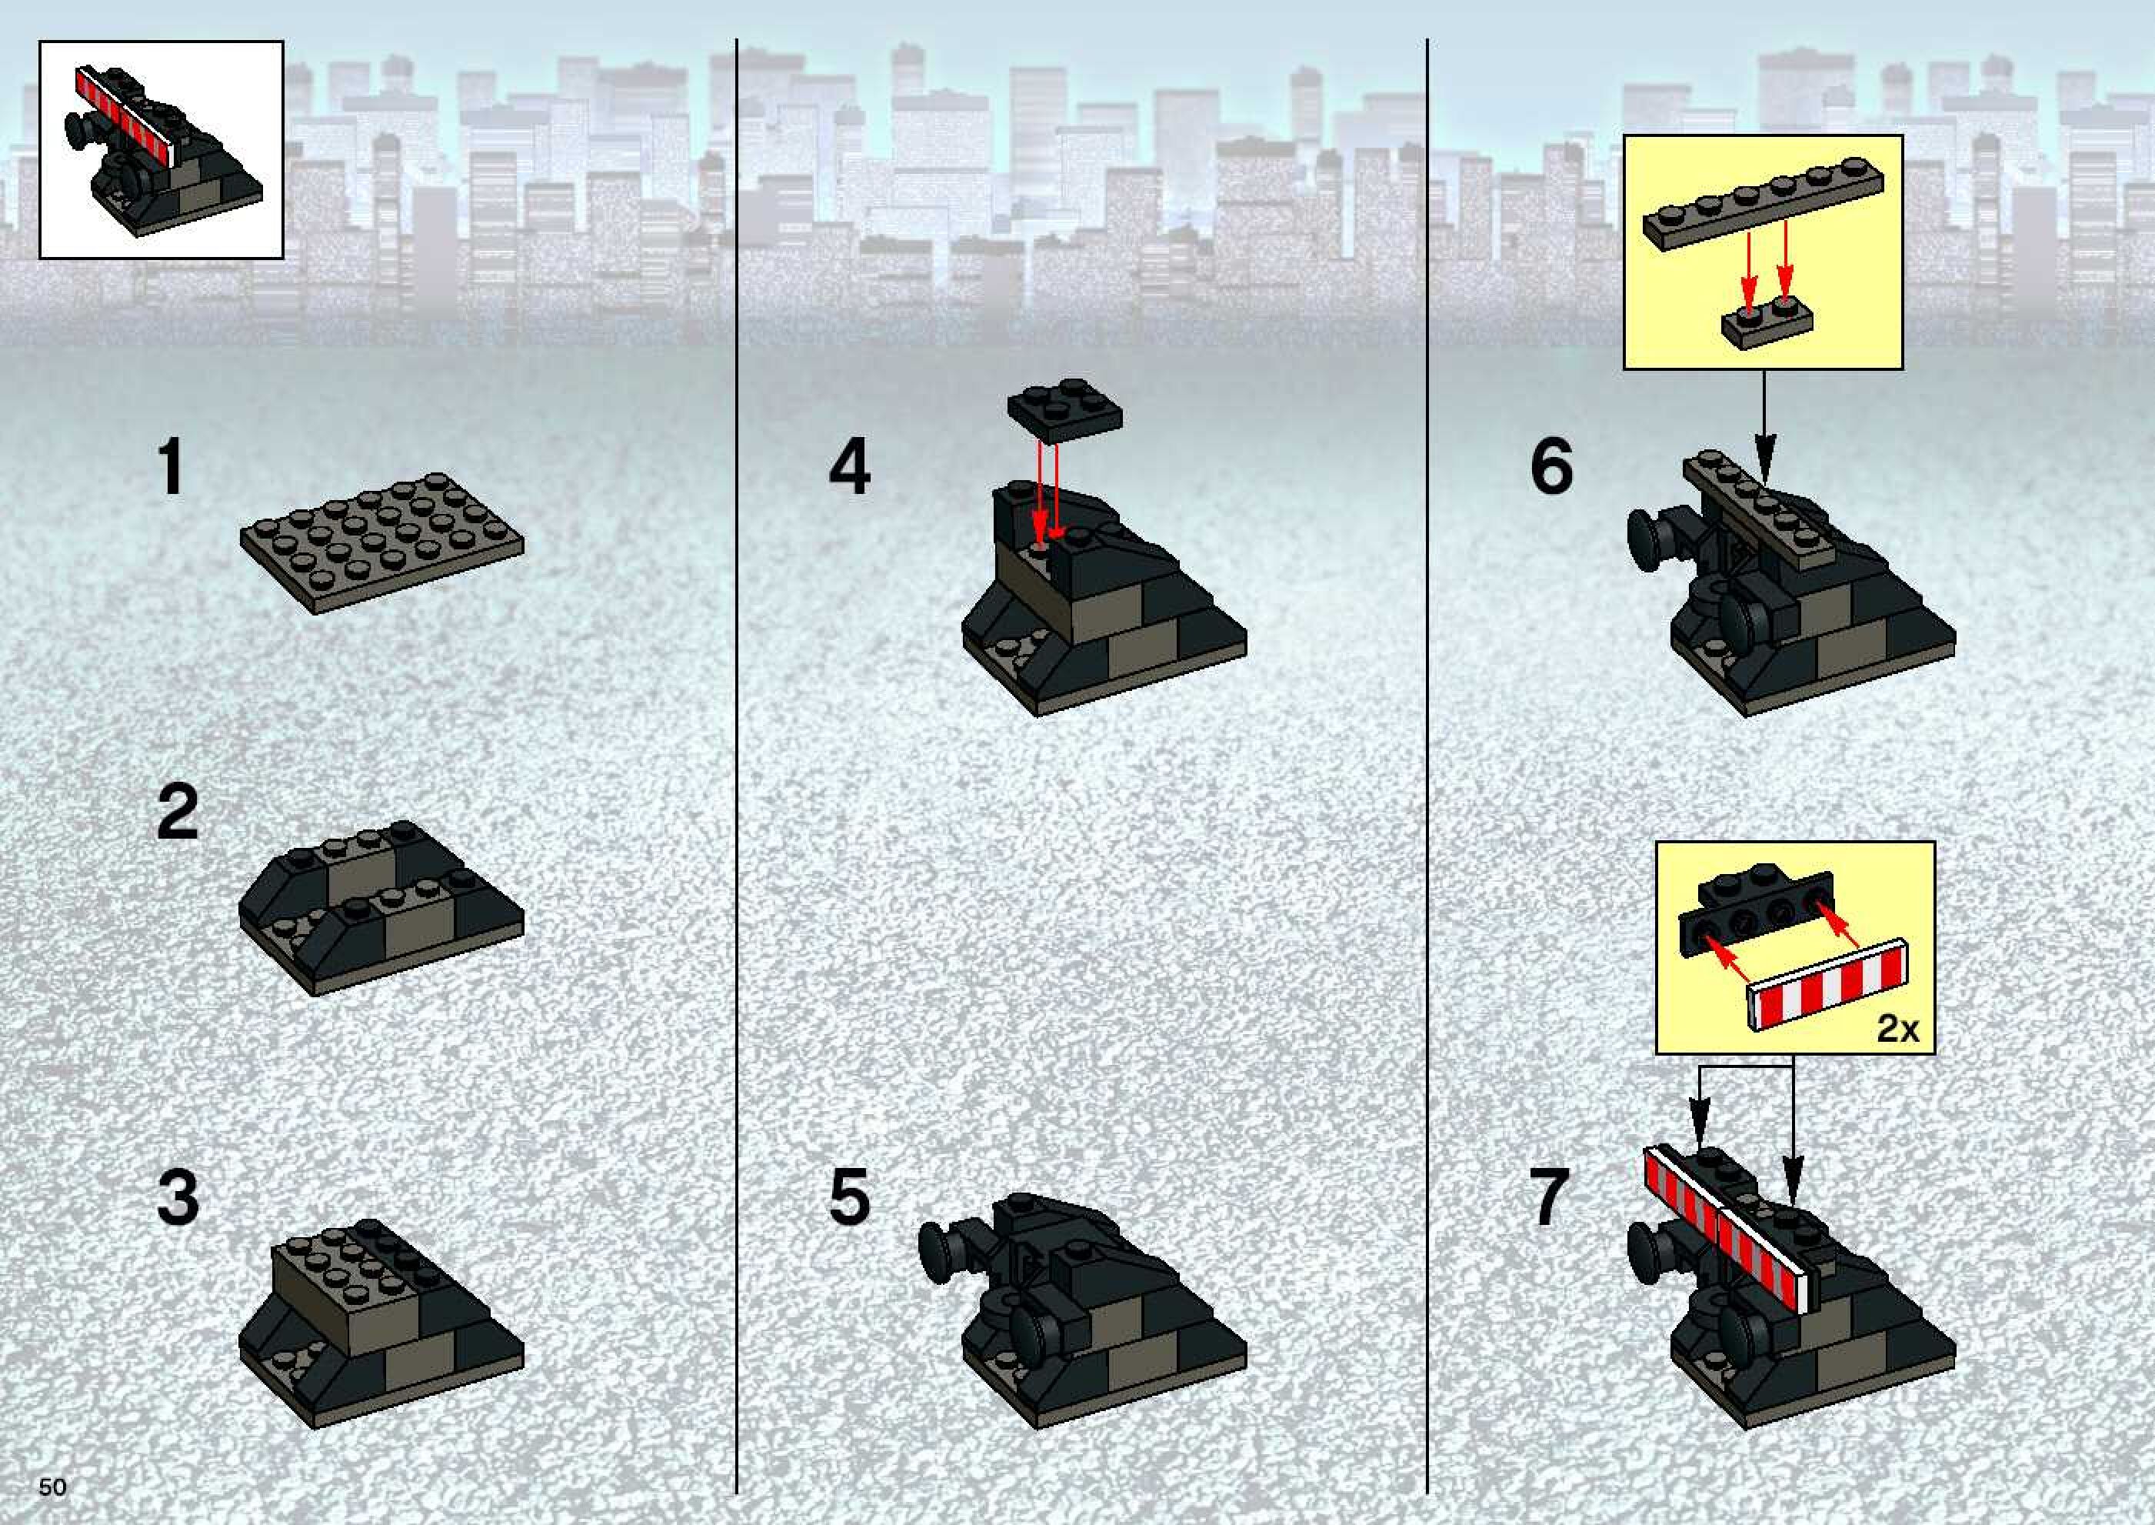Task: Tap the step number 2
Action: coord(178,813)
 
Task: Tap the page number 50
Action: coord(52,1487)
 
